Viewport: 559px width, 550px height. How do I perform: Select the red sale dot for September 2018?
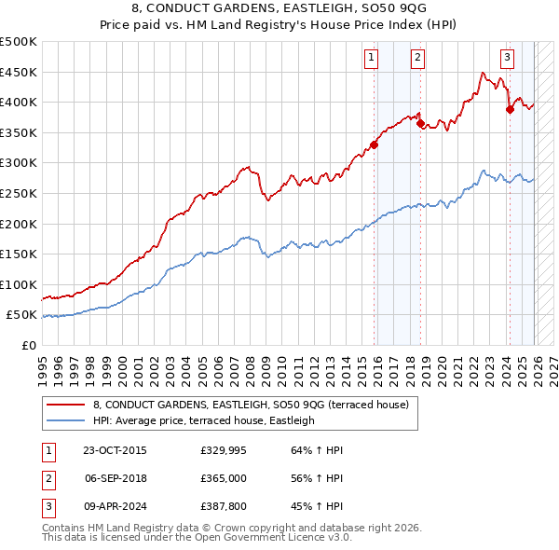[x=420, y=123]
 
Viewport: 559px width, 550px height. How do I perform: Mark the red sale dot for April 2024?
[x=510, y=109]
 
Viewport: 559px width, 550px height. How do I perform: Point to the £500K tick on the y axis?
[x=18, y=42]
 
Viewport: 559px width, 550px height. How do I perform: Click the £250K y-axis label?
[x=18, y=193]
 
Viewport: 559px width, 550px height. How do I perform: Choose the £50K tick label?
[x=21, y=315]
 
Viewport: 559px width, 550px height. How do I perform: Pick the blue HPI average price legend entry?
[x=204, y=420]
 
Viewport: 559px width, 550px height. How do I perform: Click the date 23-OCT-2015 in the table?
[x=114, y=450]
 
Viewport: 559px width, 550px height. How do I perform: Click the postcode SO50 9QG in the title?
[x=377, y=11]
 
